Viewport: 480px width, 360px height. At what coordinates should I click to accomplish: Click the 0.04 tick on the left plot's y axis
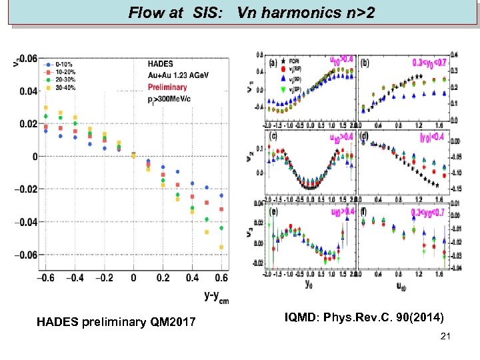coord(29,91)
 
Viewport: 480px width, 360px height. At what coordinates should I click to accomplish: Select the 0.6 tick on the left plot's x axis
coord(221,278)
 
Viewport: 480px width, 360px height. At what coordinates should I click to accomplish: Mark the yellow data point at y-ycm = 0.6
coord(221,247)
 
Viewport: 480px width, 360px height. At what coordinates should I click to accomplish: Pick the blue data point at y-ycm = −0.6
coord(46,131)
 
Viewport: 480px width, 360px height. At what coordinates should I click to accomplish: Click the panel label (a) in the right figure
coord(273,63)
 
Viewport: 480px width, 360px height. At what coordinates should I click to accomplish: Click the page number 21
coord(445,337)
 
